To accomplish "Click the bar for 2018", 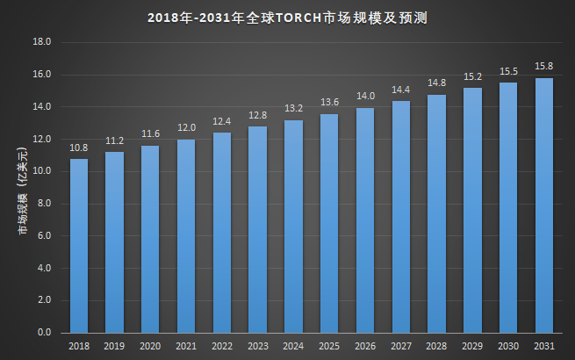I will tap(79, 246).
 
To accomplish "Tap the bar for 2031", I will tap(543, 205).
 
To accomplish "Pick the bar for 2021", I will tap(186, 236).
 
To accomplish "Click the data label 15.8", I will tap(543, 67).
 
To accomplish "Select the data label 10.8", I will tap(79, 148).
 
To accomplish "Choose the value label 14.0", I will tap(365, 97).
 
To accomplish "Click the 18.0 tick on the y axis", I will tap(42, 42).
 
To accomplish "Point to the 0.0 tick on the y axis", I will tap(45, 333).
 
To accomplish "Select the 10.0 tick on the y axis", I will tap(42, 171).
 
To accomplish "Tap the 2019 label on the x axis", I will tap(115, 347).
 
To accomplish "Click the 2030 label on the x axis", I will tap(507, 347).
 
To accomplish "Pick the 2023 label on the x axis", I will tap(257, 347).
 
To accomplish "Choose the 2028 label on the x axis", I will tap(436, 347).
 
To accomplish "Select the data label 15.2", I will tap(472, 76).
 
